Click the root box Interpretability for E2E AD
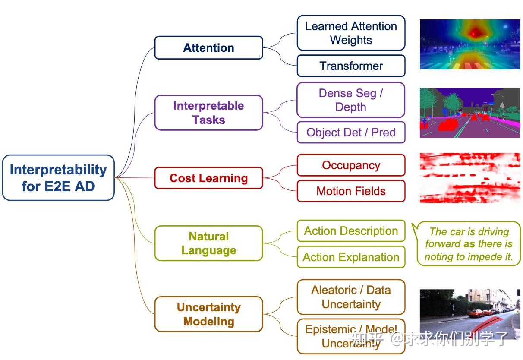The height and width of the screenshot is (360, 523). (58, 178)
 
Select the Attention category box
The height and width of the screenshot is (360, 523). (208, 47)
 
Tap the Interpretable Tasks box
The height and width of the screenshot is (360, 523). (208, 113)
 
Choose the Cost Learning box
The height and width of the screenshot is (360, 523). (208, 178)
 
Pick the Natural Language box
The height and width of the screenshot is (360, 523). (208, 243)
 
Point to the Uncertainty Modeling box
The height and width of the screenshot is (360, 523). (208, 314)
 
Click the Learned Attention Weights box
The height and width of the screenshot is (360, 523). (351, 33)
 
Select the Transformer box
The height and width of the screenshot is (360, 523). (351, 66)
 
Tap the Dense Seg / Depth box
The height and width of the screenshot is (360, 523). (351, 100)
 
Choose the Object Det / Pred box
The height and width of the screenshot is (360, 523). (351, 133)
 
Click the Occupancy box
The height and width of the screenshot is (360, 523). (351, 165)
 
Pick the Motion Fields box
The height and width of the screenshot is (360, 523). (351, 191)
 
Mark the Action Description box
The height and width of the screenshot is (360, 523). (351, 231)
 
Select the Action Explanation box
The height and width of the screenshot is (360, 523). (351, 257)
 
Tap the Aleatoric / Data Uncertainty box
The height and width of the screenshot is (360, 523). (351, 297)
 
